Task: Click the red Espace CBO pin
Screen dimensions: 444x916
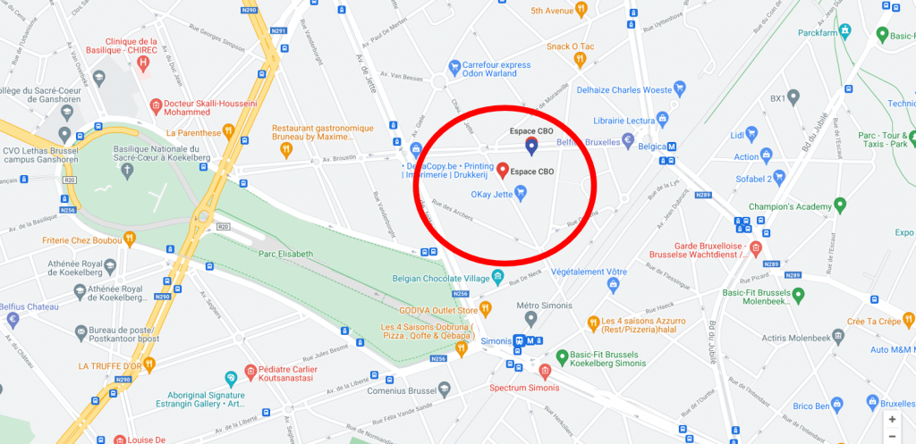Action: click(503, 170)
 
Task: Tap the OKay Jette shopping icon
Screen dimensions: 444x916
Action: click(521, 192)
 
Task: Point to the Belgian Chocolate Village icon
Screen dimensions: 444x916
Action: click(498, 278)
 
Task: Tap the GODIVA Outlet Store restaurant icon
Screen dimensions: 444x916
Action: click(486, 309)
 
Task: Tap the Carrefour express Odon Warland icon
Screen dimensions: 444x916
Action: click(455, 66)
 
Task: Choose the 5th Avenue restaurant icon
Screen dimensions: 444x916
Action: click(581, 10)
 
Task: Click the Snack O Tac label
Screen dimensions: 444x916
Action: click(570, 46)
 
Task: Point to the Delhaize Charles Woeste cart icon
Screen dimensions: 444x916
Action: click(681, 89)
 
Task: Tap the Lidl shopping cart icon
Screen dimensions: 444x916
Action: click(752, 135)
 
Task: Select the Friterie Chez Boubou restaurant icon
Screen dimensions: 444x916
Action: click(129, 239)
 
